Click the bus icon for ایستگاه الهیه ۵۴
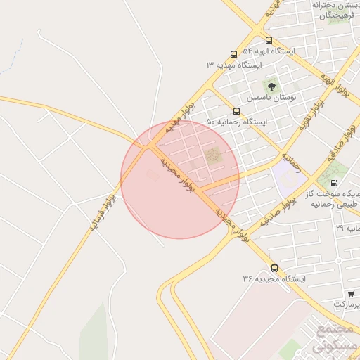coord(269,40)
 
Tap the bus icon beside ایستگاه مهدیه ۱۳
coord(233,54)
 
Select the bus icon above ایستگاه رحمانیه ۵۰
coord(236,111)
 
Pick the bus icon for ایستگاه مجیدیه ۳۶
coord(274,268)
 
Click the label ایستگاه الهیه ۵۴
coord(269,51)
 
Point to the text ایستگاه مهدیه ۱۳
coord(233,65)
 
